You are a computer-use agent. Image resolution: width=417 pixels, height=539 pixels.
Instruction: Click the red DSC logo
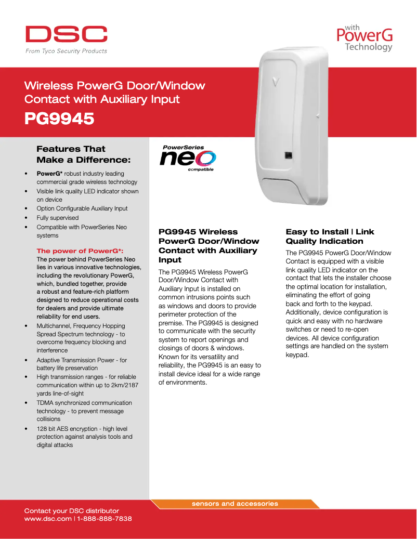67,34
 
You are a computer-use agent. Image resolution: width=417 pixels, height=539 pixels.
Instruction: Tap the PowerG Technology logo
364,38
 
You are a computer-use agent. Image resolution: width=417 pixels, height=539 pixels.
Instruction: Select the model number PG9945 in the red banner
59,119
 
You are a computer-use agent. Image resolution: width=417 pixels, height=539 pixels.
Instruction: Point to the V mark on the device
275,82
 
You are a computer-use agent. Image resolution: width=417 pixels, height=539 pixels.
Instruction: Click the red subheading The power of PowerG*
80,251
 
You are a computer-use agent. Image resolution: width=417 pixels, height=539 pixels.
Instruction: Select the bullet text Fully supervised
58,218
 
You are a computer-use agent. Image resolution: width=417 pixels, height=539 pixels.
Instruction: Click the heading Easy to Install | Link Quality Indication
330,236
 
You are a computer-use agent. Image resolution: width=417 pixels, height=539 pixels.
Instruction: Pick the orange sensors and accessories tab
235,504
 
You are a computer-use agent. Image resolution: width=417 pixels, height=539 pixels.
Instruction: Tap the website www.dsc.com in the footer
48,519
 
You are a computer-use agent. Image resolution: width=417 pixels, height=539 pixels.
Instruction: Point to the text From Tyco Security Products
67,51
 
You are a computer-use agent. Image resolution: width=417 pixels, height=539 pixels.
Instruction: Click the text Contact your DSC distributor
72,511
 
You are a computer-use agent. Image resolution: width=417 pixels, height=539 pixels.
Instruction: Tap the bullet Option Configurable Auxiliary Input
82,208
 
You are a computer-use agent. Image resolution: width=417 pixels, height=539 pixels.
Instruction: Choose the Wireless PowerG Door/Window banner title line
115,86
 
